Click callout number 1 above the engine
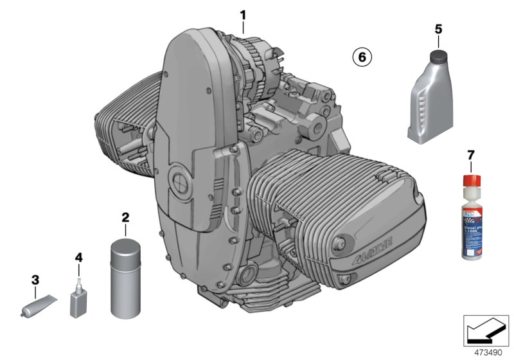pos(243,14)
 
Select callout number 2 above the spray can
pos(125,217)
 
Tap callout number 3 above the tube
pos(35,280)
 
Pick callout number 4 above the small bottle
pos(78,258)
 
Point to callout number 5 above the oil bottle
pos(438,29)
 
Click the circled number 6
pos(361,57)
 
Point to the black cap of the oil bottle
pos(439,56)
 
